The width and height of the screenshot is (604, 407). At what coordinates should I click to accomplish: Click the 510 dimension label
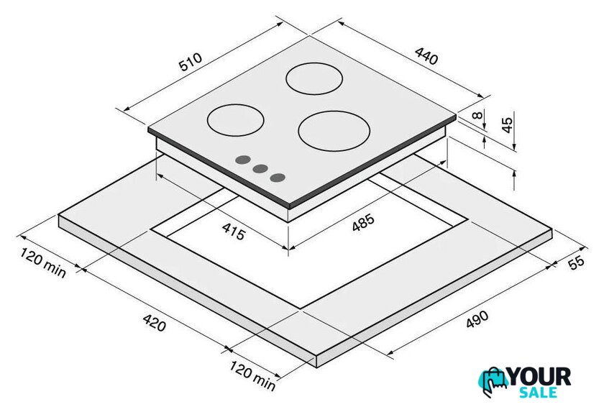point(191,62)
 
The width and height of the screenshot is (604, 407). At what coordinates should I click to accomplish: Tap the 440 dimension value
point(426,56)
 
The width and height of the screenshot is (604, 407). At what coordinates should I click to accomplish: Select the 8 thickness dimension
point(477,115)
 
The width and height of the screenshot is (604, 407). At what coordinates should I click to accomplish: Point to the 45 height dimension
point(508,124)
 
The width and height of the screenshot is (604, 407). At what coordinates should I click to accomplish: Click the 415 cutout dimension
point(234,232)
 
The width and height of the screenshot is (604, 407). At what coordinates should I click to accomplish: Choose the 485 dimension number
point(363,223)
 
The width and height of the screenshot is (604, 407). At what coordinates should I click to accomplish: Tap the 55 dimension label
point(576,262)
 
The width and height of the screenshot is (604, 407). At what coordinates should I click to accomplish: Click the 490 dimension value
point(477,319)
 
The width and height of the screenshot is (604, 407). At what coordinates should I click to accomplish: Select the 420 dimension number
point(155,323)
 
